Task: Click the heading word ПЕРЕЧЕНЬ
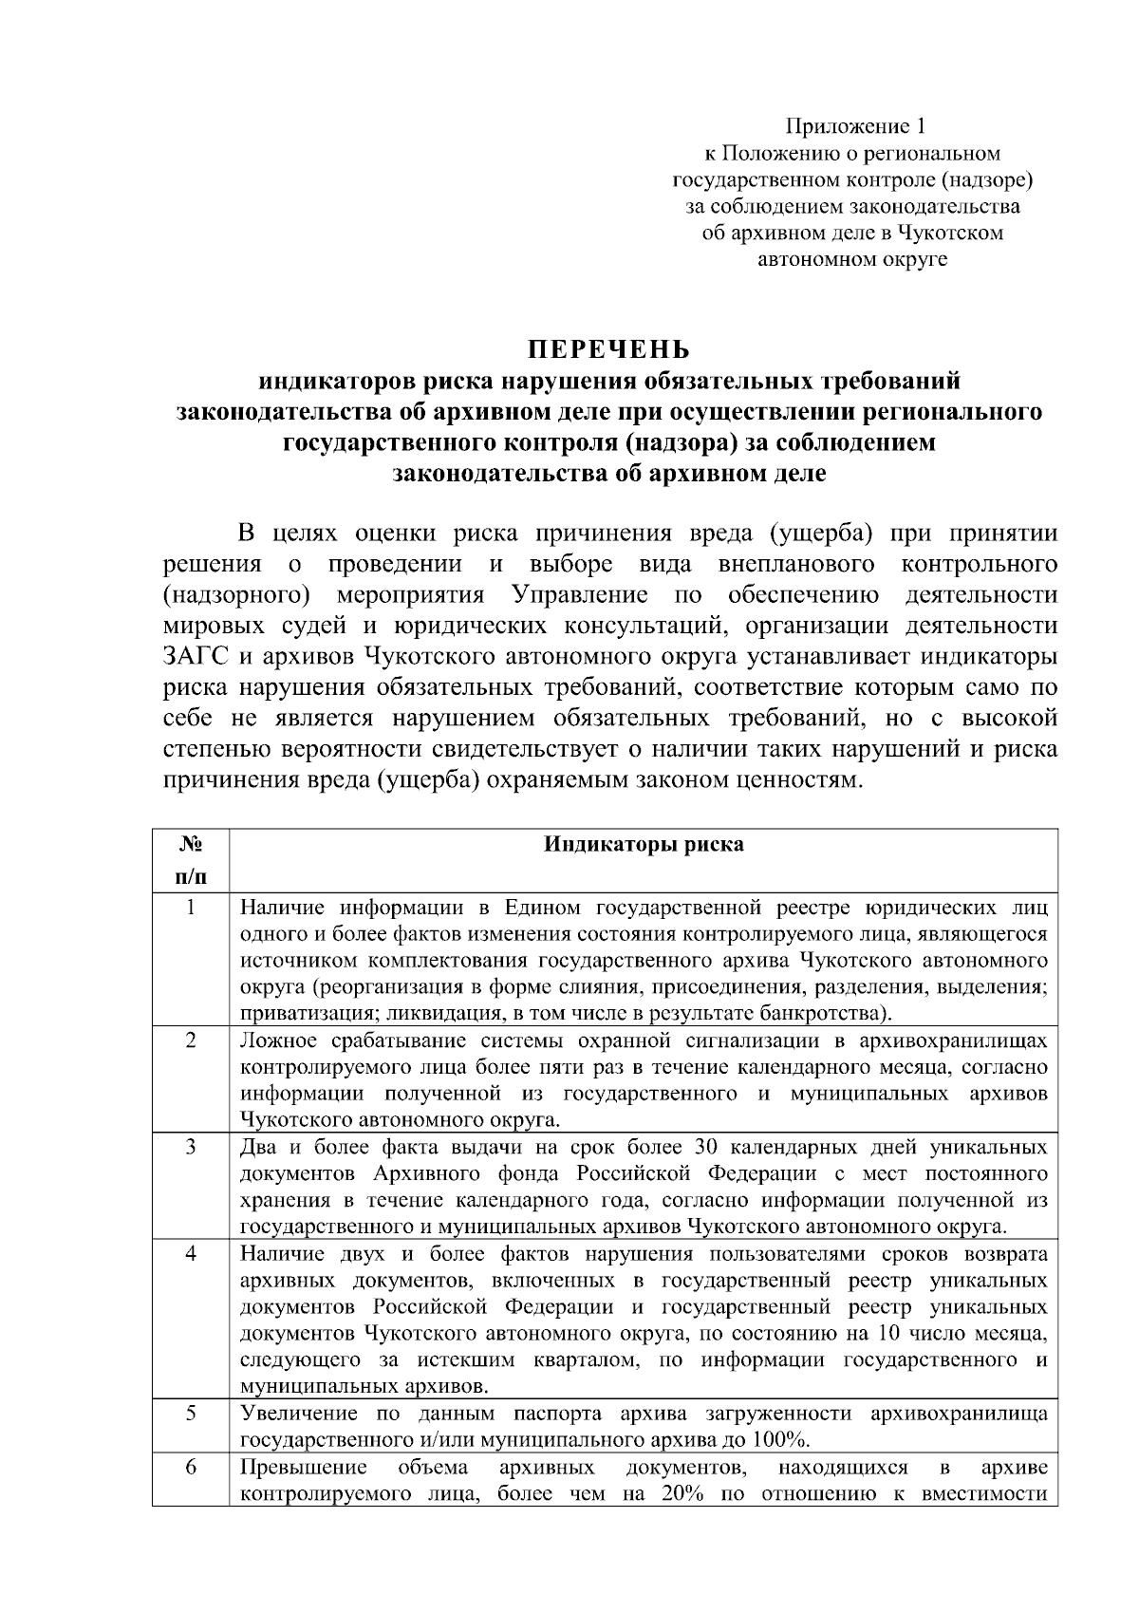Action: pyautogui.click(x=610, y=349)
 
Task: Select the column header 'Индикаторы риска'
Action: pyautogui.click(x=644, y=845)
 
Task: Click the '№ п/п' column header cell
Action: pyautogui.click(x=190, y=859)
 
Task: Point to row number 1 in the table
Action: pyautogui.click(x=190, y=908)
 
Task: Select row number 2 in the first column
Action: pyautogui.click(x=190, y=1040)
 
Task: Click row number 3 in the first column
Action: pyautogui.click(x=190, y=1147)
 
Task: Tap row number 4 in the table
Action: pyautogui.click(x=190, y=1253)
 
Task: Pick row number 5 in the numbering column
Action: pyautogui.click(x=190, y=1413)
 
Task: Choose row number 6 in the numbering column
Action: pyautogui.click(x=190, y=1468)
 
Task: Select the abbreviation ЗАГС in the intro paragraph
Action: pyautogui.click(x=196, y=657)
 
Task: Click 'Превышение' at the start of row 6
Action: pyautogui.click(x=289, y=1468)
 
